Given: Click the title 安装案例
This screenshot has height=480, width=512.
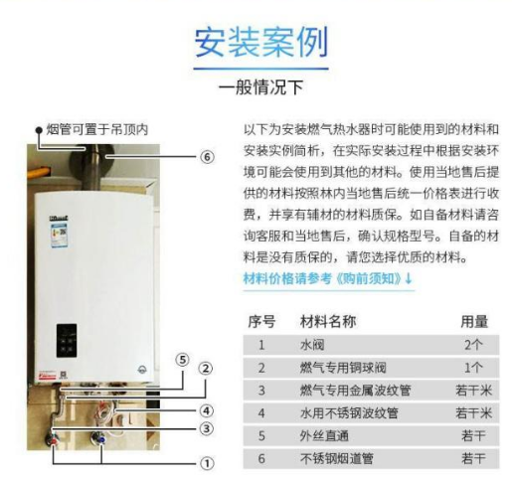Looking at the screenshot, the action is [x=261, y=42].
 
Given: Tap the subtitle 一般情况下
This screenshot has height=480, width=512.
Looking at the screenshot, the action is [x=261, y=87].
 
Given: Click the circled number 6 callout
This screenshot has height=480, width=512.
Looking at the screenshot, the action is [x=207, y=156].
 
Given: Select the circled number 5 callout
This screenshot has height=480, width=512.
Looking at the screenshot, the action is [x=182, y=360].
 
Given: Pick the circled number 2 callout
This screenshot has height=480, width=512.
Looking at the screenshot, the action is [x=206, y=369].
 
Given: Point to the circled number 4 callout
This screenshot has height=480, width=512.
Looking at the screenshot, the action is [x=207, y=411].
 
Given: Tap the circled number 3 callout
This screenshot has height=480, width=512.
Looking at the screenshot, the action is [x=207, y=429].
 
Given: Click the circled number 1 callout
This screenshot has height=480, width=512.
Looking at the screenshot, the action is [x=207, y=463].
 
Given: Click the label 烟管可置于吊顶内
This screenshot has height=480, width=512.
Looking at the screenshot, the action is [x=96, y=129].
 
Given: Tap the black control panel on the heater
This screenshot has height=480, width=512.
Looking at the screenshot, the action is [x=67, y=340].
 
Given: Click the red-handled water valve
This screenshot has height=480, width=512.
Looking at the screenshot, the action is [x=51, y=439].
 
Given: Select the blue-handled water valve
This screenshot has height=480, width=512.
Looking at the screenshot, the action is [x=98, y=438].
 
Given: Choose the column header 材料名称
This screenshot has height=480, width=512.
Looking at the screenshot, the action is [x=328, y=321].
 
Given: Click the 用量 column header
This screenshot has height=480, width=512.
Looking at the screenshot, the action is [x=474, y=321].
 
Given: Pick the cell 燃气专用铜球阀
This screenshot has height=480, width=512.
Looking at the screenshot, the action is [x=343, y=368].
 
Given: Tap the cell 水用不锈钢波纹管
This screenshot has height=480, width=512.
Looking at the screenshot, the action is [x=349, y=413].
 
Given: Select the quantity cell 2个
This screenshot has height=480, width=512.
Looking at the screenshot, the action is [x=473, y=345].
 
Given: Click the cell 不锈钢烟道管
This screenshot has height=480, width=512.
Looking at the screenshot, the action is [x=337, y=459].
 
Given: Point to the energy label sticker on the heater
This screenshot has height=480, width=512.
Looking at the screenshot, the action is [x=59, y=235].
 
